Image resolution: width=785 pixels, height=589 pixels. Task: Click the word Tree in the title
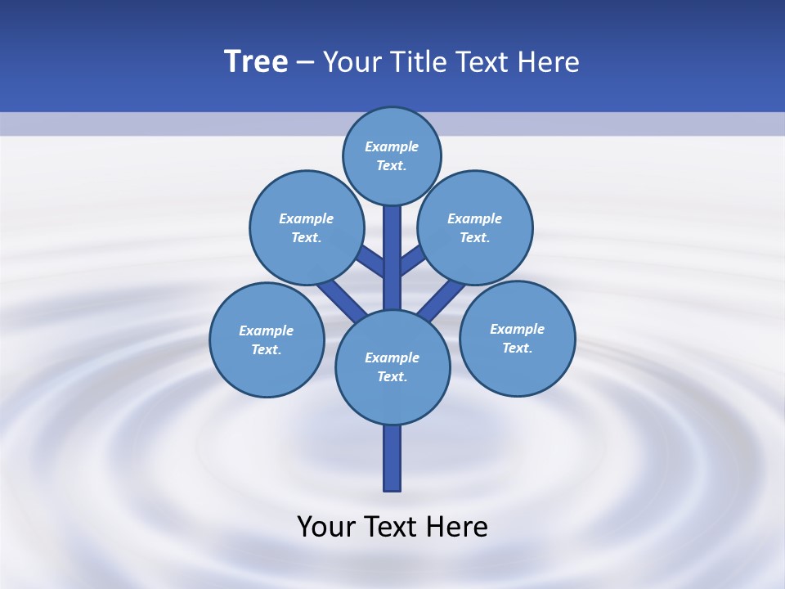click(x=256, y=62)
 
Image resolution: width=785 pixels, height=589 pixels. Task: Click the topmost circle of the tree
click(x=392, y=155)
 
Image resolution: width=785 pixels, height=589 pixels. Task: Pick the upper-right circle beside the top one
click(x=475, y=227)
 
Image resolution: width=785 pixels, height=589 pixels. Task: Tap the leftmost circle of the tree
click(x=267, y=339)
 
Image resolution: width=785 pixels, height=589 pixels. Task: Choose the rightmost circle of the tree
click(x=517, y=338)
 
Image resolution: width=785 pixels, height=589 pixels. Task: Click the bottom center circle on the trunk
click(x=392, y=366)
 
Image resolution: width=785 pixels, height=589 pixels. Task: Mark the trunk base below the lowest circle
click(x=392, y=458)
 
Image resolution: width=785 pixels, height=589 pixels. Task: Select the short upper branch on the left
click(x=370, y=260)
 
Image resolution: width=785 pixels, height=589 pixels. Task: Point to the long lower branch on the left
click(x=342, y=300)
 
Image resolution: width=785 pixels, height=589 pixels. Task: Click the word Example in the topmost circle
click(x=392, y=146)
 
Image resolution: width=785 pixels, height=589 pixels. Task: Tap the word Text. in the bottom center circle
click(x=392, y=376)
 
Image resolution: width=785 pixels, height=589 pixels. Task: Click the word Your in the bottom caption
click(x=326, y=526)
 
